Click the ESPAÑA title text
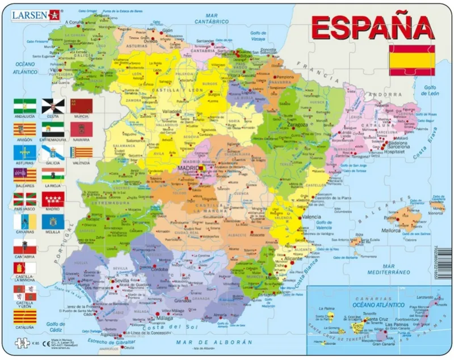(371, 27)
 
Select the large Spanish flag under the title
(411, 60)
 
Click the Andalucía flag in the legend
(24, 106)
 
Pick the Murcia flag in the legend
(81, 106)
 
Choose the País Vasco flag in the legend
(24, 199)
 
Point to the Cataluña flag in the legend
(24, 316)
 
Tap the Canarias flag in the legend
(24, 222)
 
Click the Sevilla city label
(122, 281)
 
